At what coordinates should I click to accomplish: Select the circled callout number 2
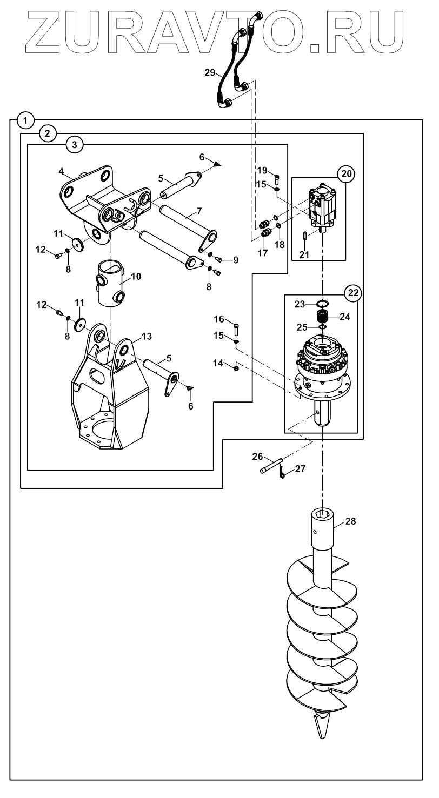(48, 133)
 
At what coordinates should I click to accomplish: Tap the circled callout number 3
(74, 145)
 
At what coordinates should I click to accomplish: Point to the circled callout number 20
(347, 174)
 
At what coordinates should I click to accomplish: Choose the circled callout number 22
(353, 293)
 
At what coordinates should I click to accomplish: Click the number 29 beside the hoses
(210, 73)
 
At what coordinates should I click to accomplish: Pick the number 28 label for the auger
(350, 521)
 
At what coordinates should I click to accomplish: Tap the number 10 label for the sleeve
(136, 277)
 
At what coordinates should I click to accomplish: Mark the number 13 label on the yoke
(147, 336)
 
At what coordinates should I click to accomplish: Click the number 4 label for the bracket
(61, 171)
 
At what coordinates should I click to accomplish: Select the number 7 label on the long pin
(199, 211)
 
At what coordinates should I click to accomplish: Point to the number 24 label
(345, 317)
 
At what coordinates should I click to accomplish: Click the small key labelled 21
(304, 236)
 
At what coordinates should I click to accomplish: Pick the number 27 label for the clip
(300, 468)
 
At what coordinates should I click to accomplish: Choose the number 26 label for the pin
(257, 457)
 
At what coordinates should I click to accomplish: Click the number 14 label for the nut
(218, 363)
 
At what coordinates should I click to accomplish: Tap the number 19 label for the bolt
(262, 170)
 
